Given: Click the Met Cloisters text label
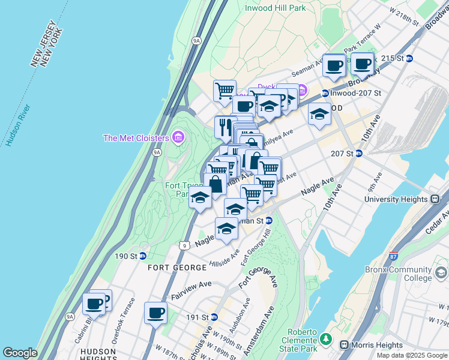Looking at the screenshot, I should [x=136, y=138].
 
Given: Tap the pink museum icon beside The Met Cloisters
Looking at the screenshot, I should [x=177, y=138].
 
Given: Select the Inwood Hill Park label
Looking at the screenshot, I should [x=276, y=8].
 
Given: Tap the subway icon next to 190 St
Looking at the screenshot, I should [x=142, y=256].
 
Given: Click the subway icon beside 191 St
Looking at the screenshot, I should [x=214, y=317].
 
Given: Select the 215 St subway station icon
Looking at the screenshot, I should [x=409, y=58].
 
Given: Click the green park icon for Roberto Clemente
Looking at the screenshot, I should [x=325, y=340].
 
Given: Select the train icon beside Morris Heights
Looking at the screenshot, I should [x=345, y=344].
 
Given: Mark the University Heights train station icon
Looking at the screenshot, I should [x=435, y=199].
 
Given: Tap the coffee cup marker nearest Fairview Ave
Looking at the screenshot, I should [x=156, y=313].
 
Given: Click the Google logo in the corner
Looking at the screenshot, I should [x=20, y=353].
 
